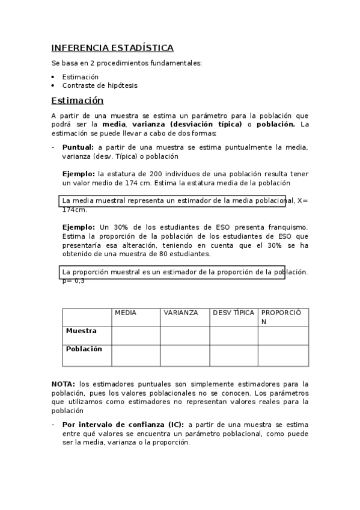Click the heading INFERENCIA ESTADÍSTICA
(x=112, y=48)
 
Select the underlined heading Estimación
(x=78, y=100)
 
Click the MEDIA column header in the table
(x=126, y=313)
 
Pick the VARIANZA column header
(x=180, y=313)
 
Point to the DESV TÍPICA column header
(x=233, y=313)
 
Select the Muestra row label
(x=81, y=331)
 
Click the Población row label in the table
(x=84, y=349)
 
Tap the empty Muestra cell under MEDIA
(x=136, y=336)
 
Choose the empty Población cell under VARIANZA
(x=185, y=355)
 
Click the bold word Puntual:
(x=78, y=147)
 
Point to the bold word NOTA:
(x=63, y=384)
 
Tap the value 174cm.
(x=75, y=210)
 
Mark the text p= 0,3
(x=73, y=281)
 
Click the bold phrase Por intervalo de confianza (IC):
(x=123, y=424)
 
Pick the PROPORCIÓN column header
(x=284, y=317)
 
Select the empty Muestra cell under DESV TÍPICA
(x=233, y=336)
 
